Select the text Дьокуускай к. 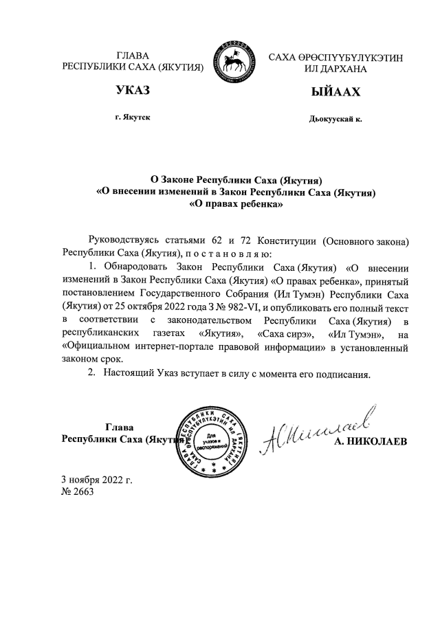click(x=336, y=119)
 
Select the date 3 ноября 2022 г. click(x=96, y=479)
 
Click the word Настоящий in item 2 click(x=129, y=375)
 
